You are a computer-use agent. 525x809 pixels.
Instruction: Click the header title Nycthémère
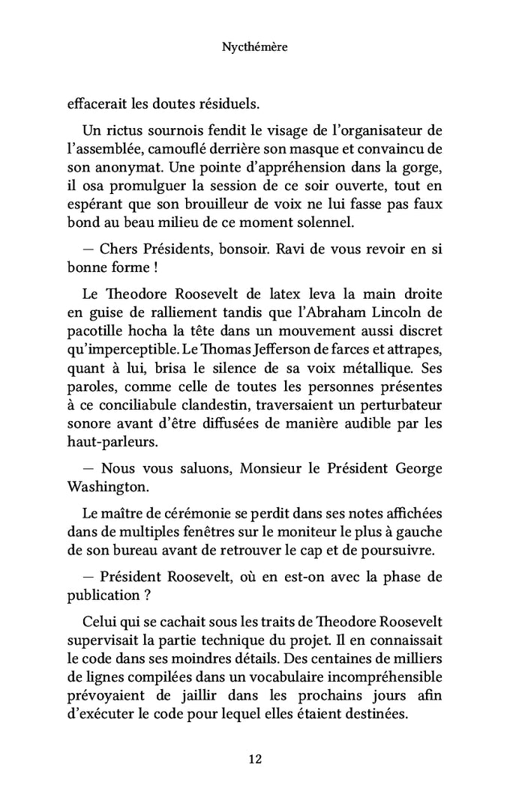click(255, 47)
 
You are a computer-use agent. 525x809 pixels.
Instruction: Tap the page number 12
click(255, 759)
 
